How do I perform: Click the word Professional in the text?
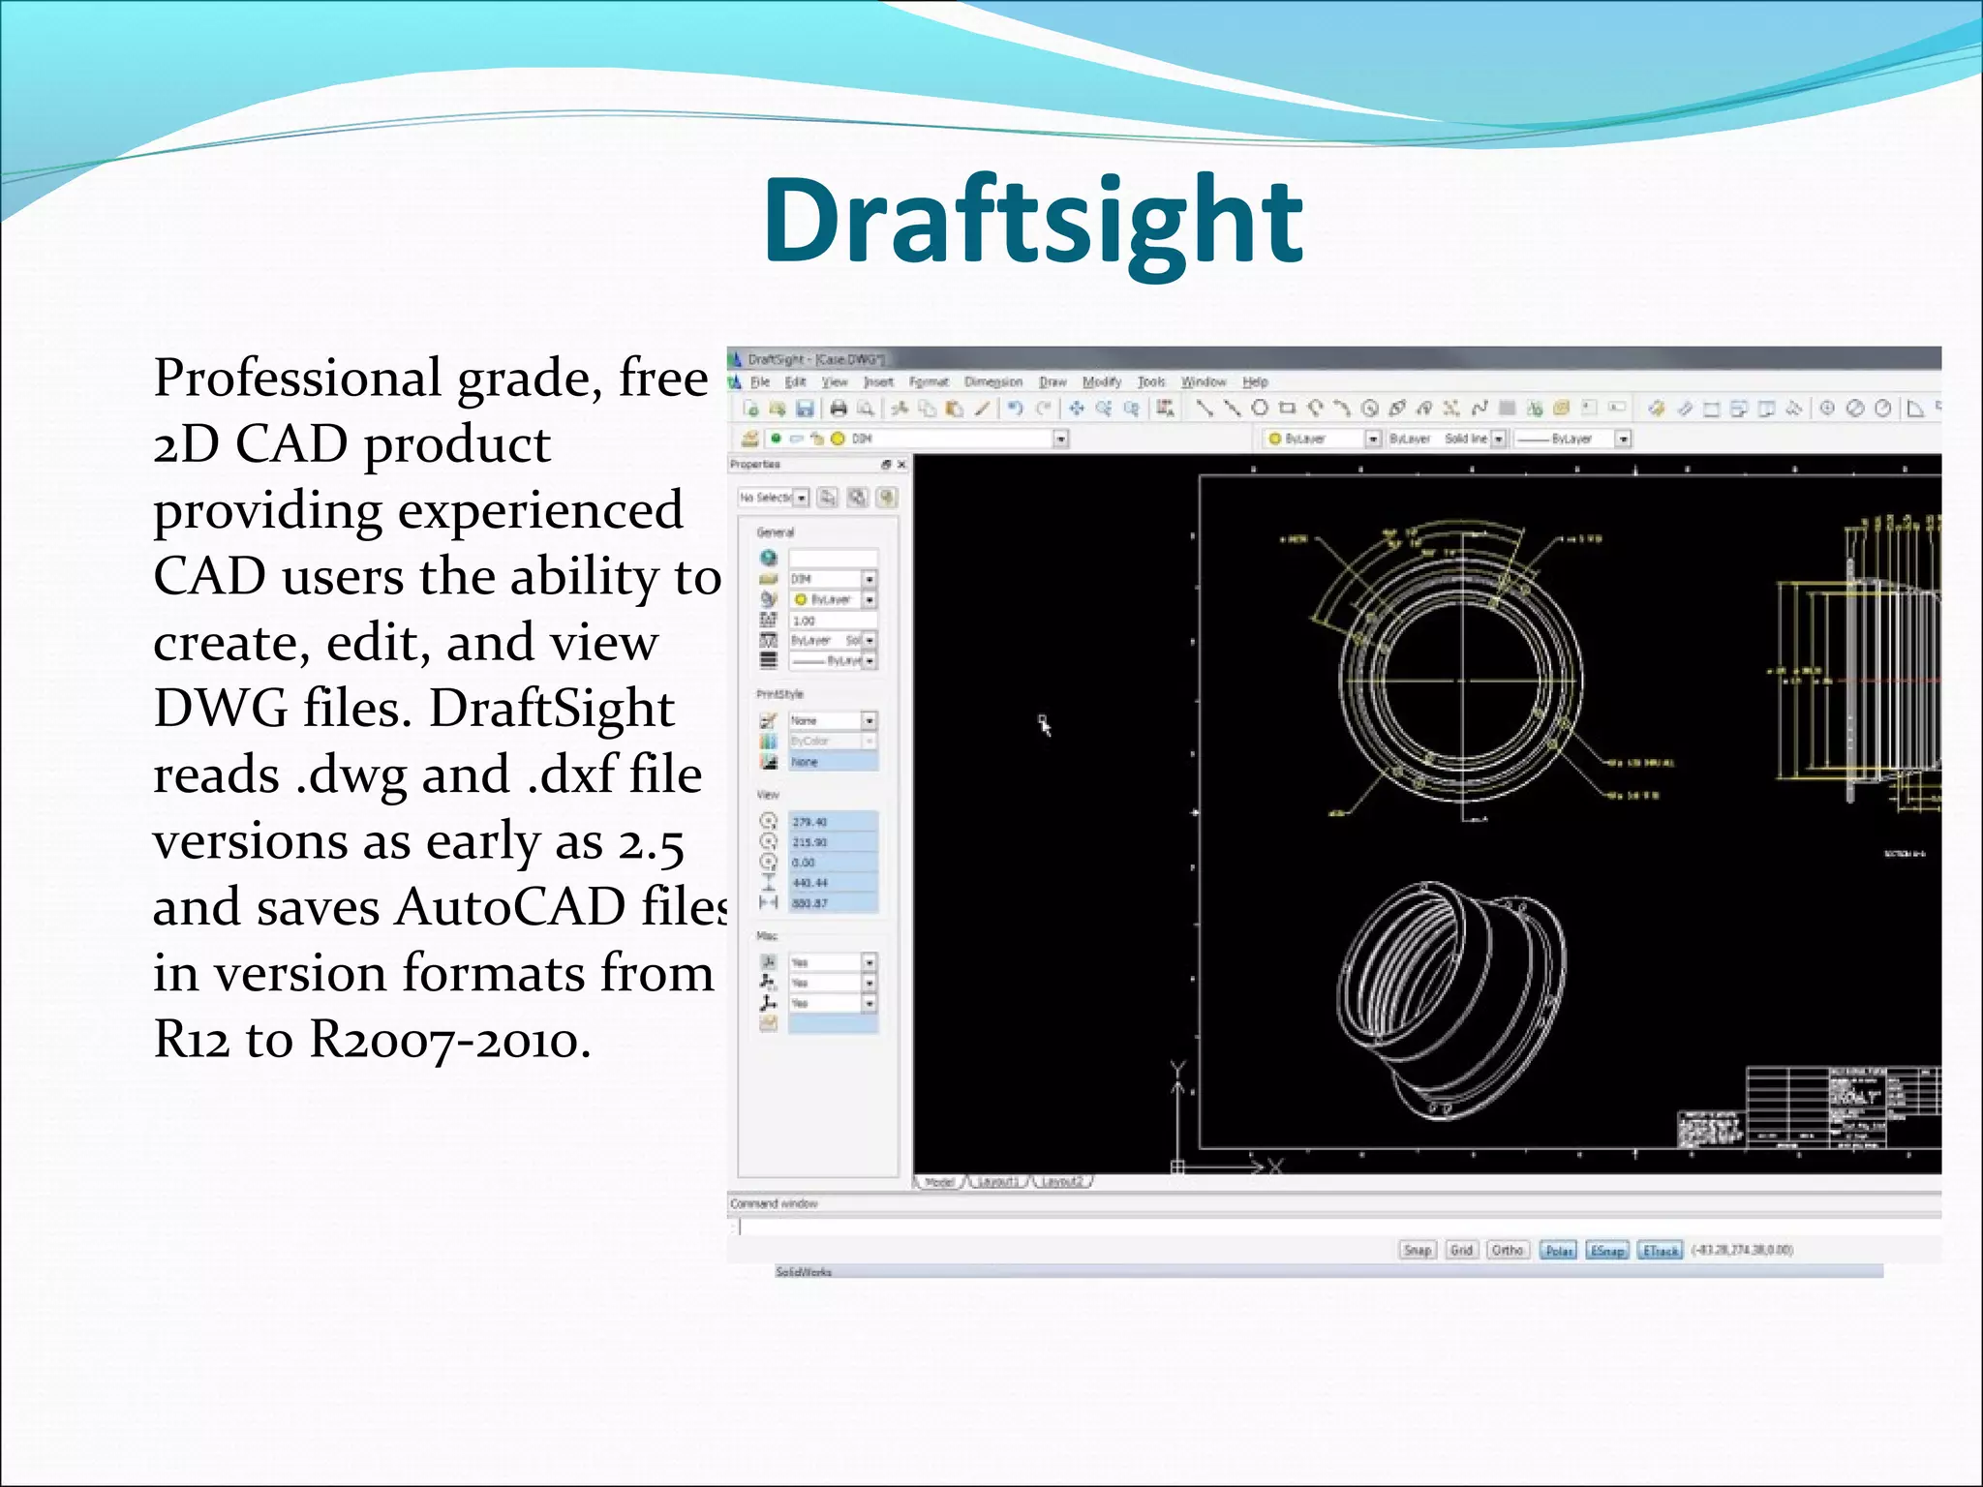(296, 378)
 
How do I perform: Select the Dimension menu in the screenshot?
(992, 381)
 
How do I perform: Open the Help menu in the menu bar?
(1255, 381)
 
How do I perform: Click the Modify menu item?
(1101, 381)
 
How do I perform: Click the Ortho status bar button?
(1508, 1250)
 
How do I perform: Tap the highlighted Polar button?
(1558, 1250)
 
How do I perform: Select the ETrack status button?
(1660, 1250)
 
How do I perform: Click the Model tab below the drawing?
(939, 1182)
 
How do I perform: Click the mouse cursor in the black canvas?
(1044, 723)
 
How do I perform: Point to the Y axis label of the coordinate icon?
(1177, 1070)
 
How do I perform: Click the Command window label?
(774, 1203)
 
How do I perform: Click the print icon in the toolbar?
(839, 409)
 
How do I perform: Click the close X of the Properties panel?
(901, 465)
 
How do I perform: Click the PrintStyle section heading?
(779, 694)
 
